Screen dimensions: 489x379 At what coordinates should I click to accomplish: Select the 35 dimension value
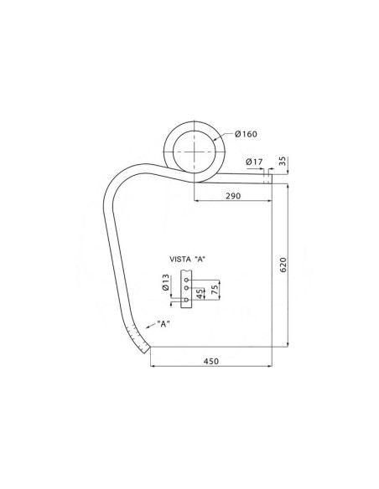282,160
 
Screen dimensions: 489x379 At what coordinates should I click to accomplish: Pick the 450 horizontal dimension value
210,361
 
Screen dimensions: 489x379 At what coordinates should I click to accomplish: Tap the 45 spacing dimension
200,293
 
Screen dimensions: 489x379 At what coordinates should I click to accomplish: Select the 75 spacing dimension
215,289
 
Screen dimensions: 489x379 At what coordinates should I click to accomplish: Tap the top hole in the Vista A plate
186,279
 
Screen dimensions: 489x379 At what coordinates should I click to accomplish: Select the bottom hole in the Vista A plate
186,299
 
